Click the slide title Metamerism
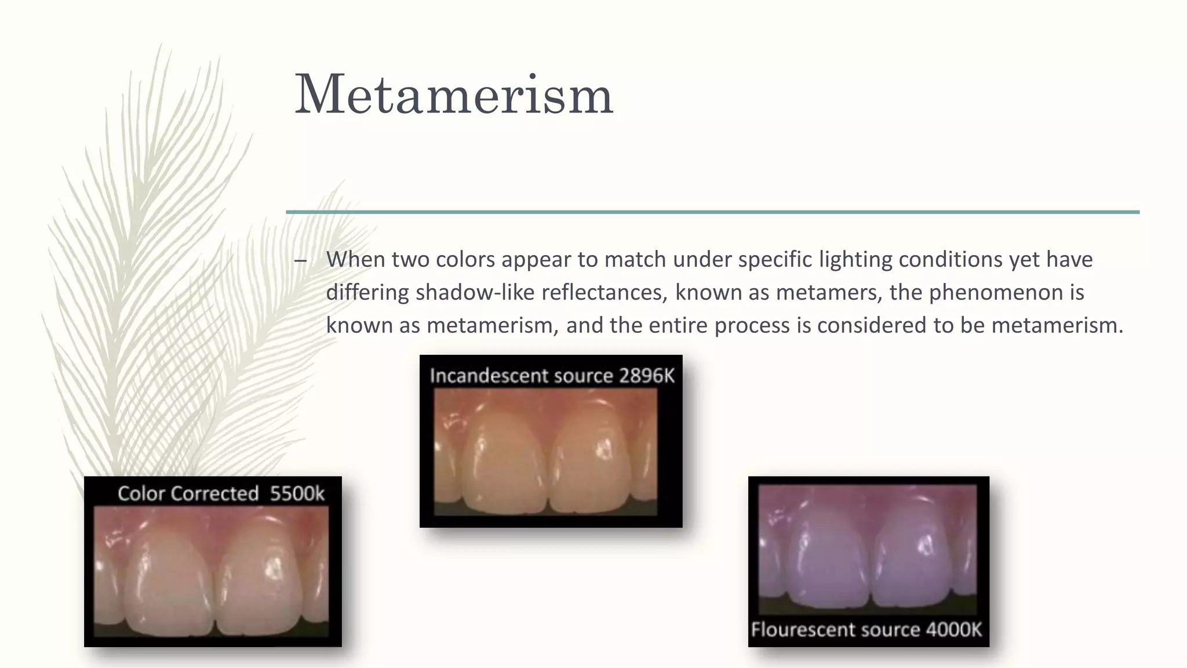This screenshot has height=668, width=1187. coord(454,95)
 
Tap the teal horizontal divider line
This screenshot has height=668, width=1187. coord(712,212)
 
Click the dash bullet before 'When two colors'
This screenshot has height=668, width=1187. coord(300,260)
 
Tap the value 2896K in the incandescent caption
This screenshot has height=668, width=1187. coord(646,376)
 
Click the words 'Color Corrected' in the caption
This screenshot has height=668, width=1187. coord(188,493)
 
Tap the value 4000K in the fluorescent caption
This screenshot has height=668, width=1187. coord(953,630)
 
